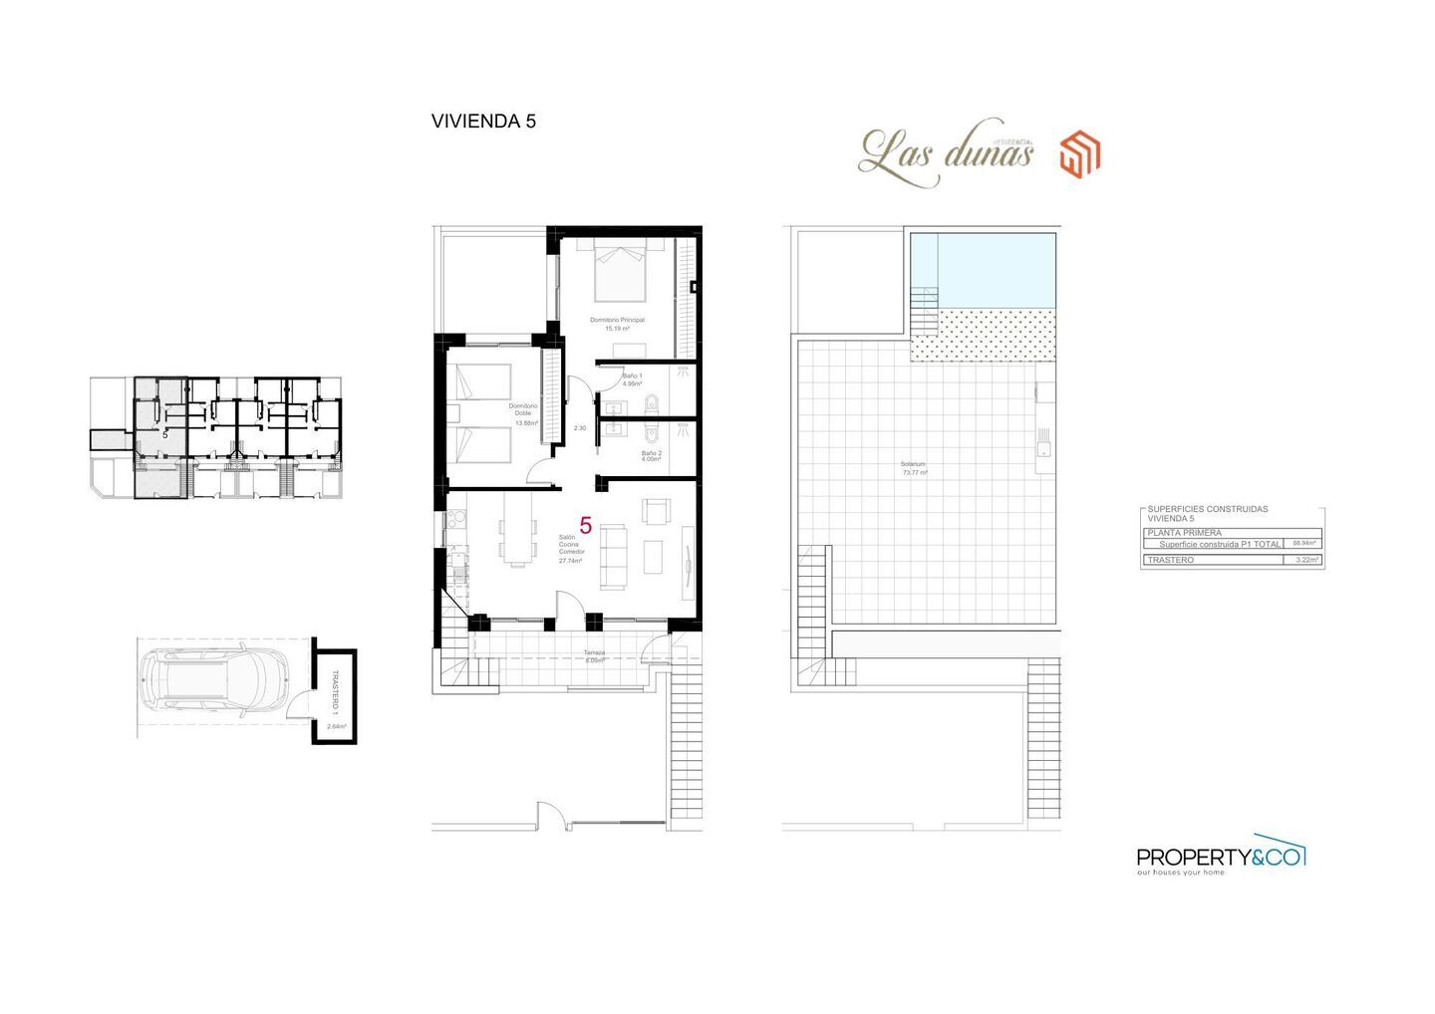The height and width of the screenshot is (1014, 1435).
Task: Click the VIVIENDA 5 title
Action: click(x=483, y=122)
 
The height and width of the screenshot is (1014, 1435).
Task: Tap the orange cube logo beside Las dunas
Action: click(x=1079, y=154)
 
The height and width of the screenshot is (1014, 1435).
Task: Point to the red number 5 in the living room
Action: click(x=586, y=525)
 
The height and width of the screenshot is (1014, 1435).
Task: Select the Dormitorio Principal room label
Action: click(x=617, y=323)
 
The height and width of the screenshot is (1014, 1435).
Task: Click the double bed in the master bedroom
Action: click(x=620, y=270)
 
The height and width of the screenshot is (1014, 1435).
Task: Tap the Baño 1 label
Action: click(x=632, y=380)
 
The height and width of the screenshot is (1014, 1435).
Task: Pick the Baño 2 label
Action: click(x=652, y=456)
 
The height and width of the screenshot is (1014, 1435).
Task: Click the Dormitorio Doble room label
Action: click(x=523, y=413)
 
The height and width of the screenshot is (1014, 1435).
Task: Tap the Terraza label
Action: click(x=595, y=656)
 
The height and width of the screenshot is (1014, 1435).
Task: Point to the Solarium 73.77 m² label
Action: click(x=914, y=468)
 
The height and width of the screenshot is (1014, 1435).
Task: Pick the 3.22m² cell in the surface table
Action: click(x=1303, y=561)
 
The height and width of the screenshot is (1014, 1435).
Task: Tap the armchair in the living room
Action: click(x=657, y=511)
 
